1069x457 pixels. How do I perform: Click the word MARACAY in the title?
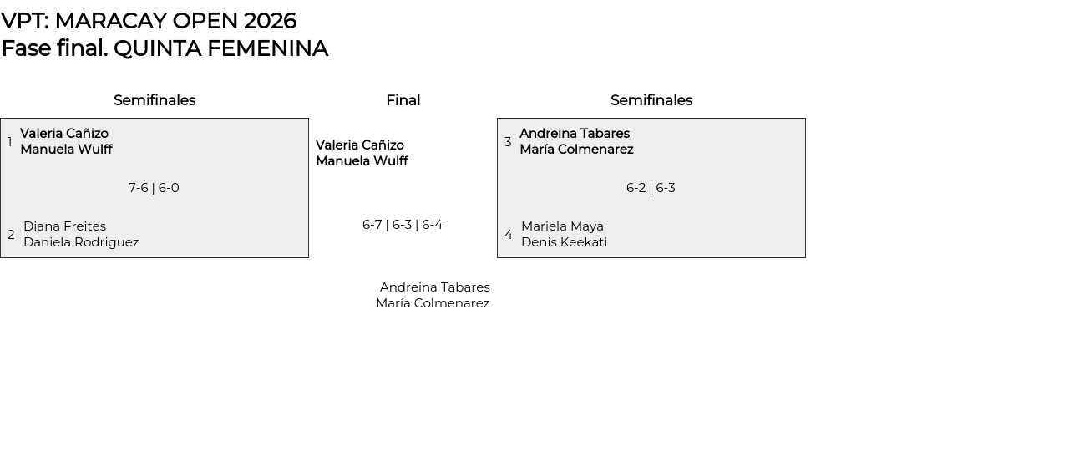111,21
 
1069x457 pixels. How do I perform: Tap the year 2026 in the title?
270,21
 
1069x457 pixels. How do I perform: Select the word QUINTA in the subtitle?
157,48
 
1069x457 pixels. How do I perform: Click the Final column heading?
403,100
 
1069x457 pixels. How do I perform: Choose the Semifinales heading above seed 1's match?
155,100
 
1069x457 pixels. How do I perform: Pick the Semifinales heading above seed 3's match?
651,100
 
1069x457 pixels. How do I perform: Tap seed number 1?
9,142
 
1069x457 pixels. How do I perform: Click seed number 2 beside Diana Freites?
11,235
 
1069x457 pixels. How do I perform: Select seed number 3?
508,142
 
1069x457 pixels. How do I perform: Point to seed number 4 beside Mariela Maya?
509,235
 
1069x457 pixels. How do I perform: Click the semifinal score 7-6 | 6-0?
154,188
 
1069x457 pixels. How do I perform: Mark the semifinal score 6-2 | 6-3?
651,188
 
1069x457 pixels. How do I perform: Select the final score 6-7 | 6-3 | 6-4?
403,225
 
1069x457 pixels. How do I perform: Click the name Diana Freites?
65,226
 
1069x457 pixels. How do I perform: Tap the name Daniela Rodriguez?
81,242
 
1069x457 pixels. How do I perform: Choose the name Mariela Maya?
563,226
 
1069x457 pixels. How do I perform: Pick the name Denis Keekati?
565,242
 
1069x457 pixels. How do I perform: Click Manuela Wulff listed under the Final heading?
362,161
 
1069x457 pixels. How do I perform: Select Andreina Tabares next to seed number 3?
575,133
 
